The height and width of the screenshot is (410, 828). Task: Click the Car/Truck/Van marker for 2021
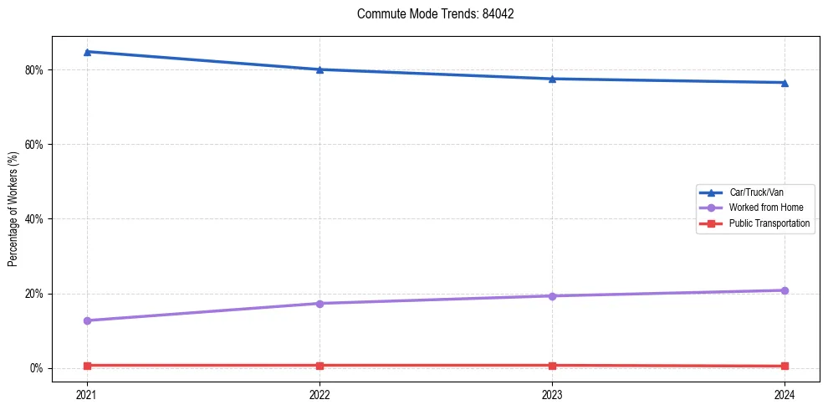[87, 52]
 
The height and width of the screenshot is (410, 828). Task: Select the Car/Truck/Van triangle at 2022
[319, 69]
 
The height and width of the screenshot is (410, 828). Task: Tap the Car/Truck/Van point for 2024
[785, 83]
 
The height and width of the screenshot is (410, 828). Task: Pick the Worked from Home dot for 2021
[87, 320]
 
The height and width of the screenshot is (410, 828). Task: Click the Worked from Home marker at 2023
[552, 296]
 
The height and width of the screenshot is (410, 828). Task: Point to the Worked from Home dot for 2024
[785, 290]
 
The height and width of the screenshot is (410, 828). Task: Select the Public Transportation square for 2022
[319, 366]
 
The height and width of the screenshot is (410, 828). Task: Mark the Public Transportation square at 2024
[785, 366]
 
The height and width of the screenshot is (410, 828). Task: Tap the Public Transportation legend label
[769, 223]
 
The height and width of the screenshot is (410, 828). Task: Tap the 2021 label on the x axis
[87, 393]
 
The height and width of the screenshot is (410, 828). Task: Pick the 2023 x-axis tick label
[552, 393]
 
